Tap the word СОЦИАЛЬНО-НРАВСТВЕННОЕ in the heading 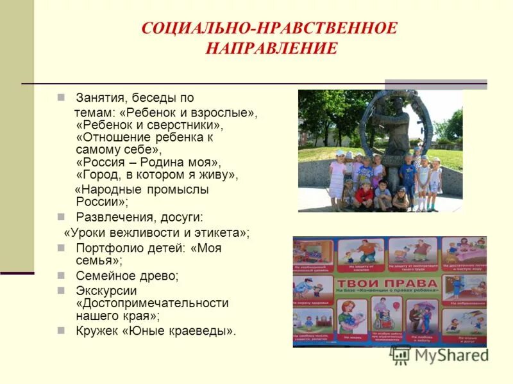click(x=269, y=29)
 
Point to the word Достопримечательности click(x=153, y=303)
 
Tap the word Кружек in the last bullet click(x=97, y=331)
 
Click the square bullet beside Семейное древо click(x=62, y=276)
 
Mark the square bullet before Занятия click(x=62, y=98)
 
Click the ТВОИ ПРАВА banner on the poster click(x=389, y=283)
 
